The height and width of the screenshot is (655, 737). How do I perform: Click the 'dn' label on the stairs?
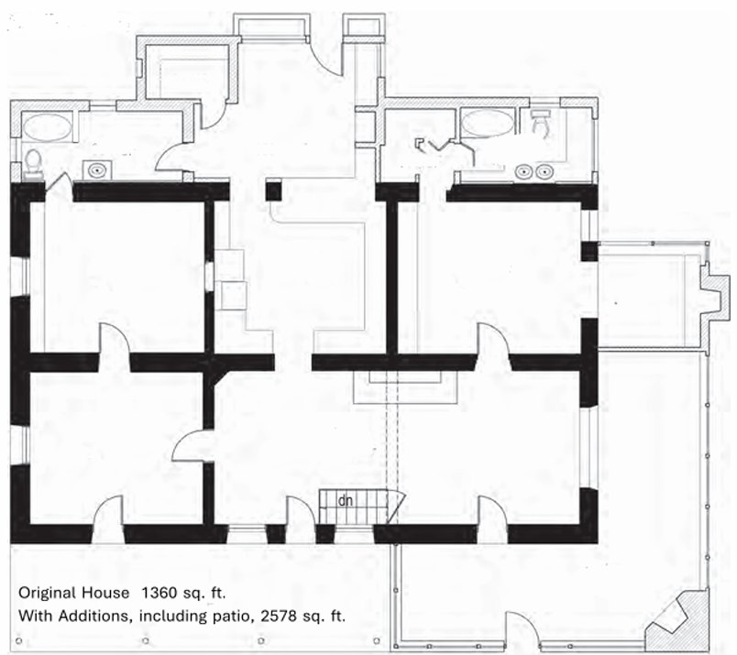(346, 501)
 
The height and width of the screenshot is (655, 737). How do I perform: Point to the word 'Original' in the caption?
(47, 594)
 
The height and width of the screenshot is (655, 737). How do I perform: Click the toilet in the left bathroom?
(33, 163)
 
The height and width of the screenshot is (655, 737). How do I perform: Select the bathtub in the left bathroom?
(48, 127)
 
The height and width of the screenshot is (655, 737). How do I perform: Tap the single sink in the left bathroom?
(98, 169)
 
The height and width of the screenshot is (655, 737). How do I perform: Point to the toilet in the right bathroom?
(541, 122)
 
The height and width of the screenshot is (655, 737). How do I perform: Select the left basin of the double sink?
(523, 172)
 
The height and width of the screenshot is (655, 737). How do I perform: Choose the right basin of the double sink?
(544, 172)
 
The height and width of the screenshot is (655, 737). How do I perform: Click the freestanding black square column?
(274, 191)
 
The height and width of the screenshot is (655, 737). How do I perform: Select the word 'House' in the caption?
(105, 593)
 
